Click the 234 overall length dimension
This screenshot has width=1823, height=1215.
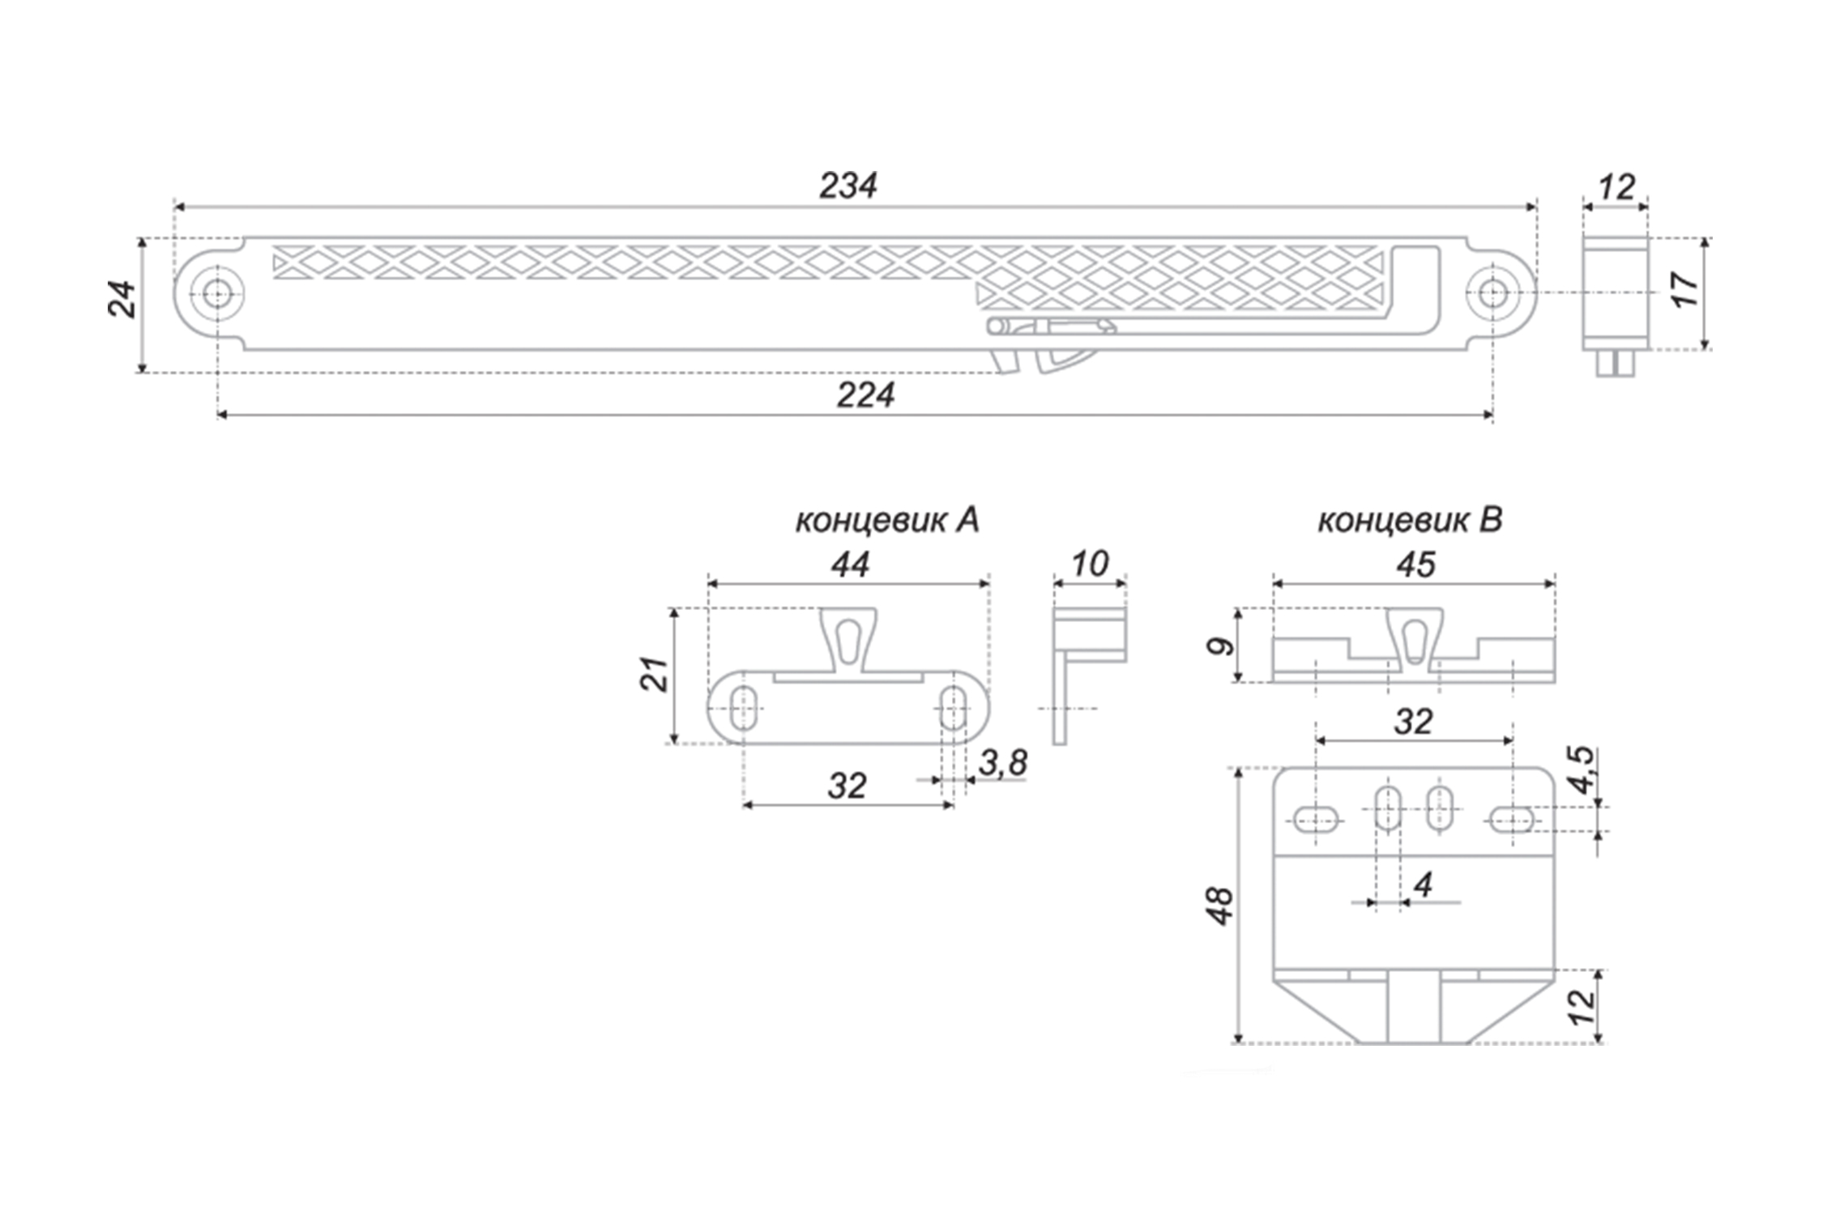pos(847,185)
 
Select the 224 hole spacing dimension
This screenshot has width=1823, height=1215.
pos(865,395)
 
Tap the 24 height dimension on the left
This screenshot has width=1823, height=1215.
pos(122,299)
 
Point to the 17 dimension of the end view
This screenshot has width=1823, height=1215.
pos(1684,289)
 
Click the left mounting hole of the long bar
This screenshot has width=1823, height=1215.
pos(216,293)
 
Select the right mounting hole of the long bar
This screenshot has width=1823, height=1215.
pos(1492,293)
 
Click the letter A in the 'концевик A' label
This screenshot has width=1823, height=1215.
pos(967,520)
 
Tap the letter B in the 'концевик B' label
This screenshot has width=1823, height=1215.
pos(1490,520)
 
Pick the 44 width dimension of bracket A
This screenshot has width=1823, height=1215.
pos(850,565)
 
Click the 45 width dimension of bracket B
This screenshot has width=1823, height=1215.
pos(1415,565)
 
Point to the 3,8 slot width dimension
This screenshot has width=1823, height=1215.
pos(1003,762)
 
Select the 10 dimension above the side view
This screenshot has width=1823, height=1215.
pos(1090,564)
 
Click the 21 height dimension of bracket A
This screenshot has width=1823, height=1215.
pos(655,673)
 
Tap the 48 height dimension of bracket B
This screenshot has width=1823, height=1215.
pos(1220,906)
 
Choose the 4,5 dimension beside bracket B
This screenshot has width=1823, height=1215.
pos(1581,771)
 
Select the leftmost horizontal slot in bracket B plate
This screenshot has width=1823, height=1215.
pos(1317,820)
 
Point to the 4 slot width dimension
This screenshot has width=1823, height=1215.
pos(1422,885)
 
